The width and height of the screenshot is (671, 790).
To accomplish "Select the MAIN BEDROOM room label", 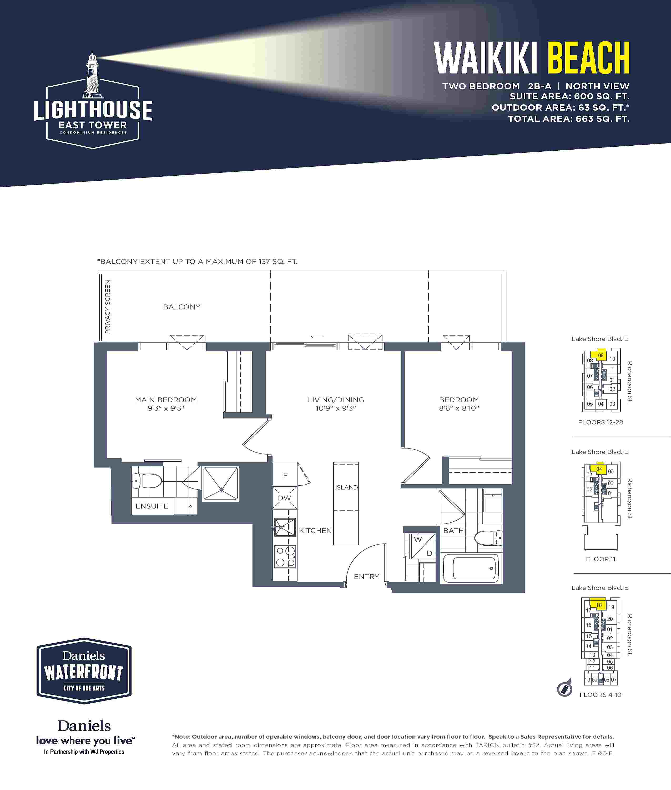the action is point(166,400).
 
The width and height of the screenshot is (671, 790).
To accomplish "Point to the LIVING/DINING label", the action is point(336,400).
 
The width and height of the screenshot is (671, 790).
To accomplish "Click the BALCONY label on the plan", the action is point(182,307).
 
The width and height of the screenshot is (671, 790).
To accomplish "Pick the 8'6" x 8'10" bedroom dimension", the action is point(459,408).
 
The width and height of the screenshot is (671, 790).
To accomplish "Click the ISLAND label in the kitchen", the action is point(346,487).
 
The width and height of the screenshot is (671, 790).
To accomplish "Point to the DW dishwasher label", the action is point(285,498).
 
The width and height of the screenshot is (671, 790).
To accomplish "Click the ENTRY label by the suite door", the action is point(367,576).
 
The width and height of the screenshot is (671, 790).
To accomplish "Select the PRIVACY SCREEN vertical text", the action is point(108,307).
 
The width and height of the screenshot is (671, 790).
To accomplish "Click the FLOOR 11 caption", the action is point(600,559).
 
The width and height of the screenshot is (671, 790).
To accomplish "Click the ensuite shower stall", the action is point(221,483).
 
